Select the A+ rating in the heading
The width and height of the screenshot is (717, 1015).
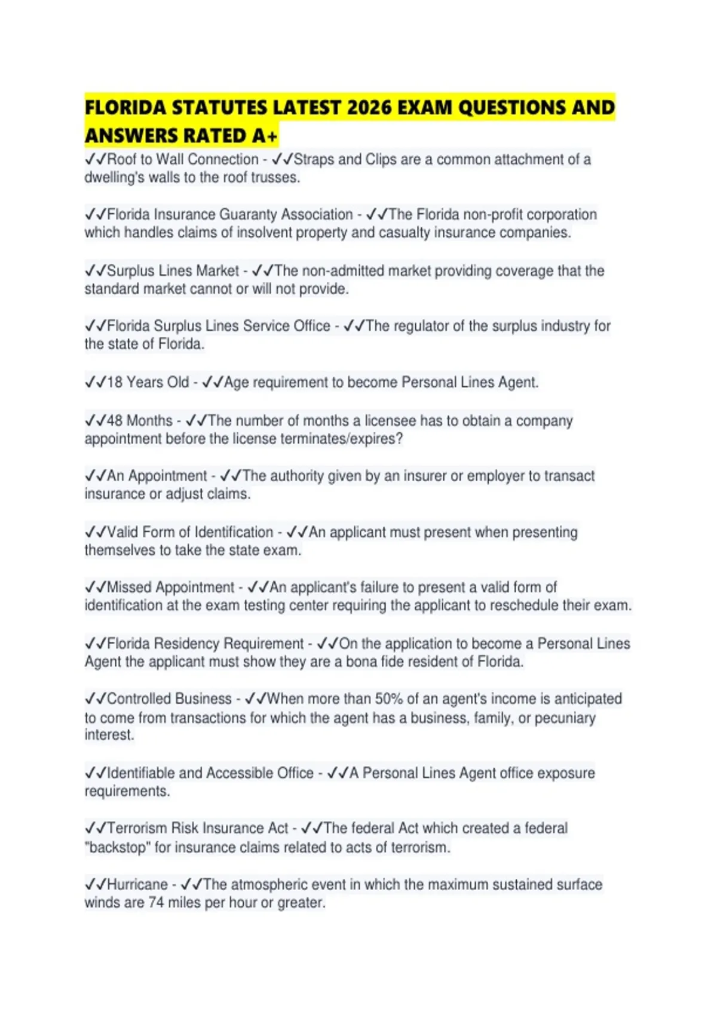(265, 136)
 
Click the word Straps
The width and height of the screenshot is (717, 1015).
(314, 159)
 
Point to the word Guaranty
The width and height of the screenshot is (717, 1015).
(248, 214)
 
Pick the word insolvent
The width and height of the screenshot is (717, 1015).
(265, 232)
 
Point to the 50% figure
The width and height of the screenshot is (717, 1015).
(388, 699)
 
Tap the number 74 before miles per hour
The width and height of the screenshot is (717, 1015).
(156, 902)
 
